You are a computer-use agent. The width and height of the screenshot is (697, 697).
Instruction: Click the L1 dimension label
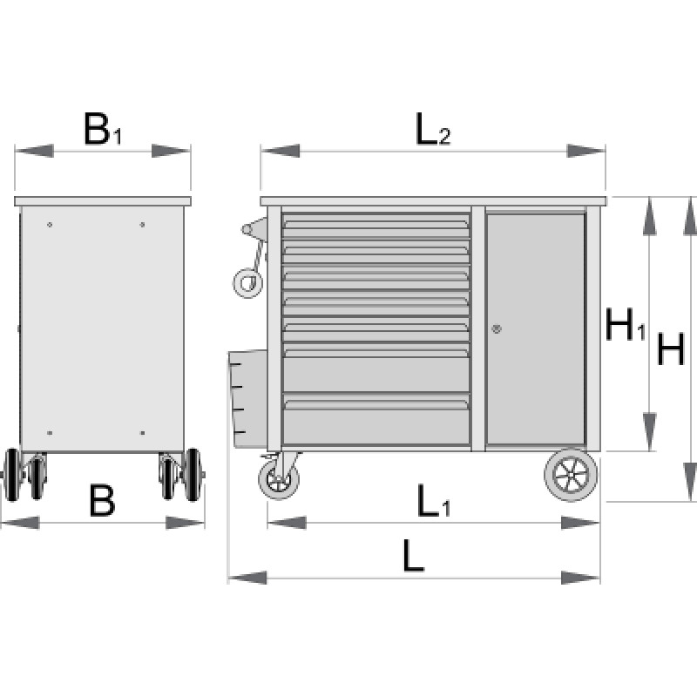click(432, 503)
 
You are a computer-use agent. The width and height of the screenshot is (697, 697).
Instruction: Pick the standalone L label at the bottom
click(414, 555)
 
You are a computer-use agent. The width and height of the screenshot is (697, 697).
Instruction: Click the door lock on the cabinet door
click(497, 329)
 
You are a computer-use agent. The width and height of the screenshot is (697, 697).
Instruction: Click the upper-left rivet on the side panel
click(50, 225)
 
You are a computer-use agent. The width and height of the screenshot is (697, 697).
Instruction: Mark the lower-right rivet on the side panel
click(142, 433)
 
